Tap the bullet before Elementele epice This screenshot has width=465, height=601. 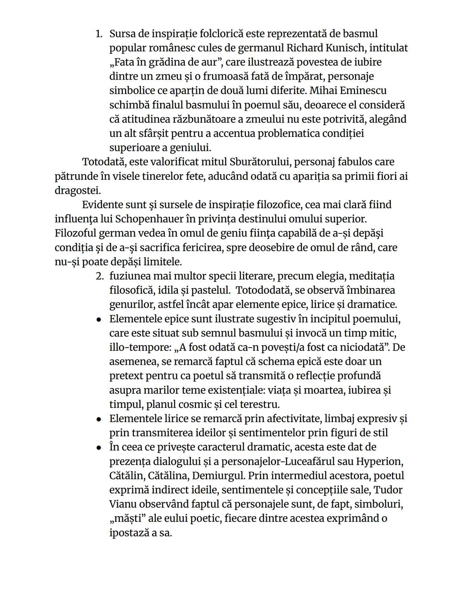pyautogui.click(x=99, y=320)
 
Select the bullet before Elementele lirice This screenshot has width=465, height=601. pyautogui.click(x=99, y=419)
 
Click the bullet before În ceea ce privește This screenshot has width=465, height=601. pyautogui.click(x=99, y=447)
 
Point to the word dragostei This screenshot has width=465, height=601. pyautogui.click(x=77, y=190)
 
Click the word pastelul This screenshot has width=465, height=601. pyautogui.click(x=210, y=290)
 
